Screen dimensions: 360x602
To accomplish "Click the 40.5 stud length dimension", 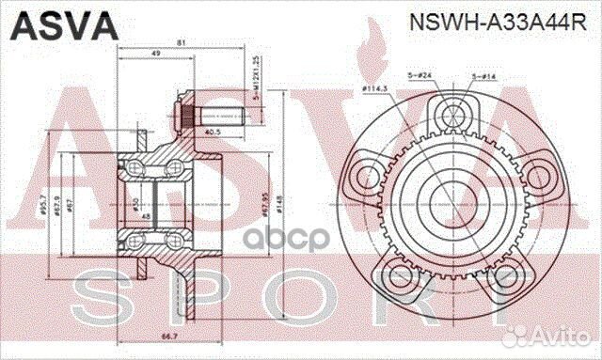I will pyautogui.click(x=212, y=132).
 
